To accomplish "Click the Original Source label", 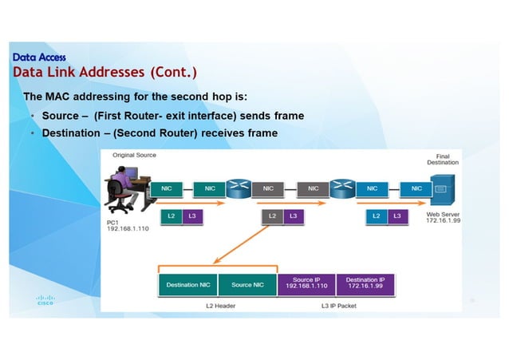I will pos(133,155).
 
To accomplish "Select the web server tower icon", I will pos(443,188).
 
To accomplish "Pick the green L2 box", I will pos(171,216).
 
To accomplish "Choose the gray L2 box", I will pos(272,216).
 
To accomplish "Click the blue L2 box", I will pos(376,216).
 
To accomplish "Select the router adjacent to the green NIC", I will pos(238,188).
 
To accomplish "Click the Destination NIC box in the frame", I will pos(188,284).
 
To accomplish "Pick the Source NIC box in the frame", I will pos(247,284).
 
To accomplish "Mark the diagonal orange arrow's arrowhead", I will pos(215,261).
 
